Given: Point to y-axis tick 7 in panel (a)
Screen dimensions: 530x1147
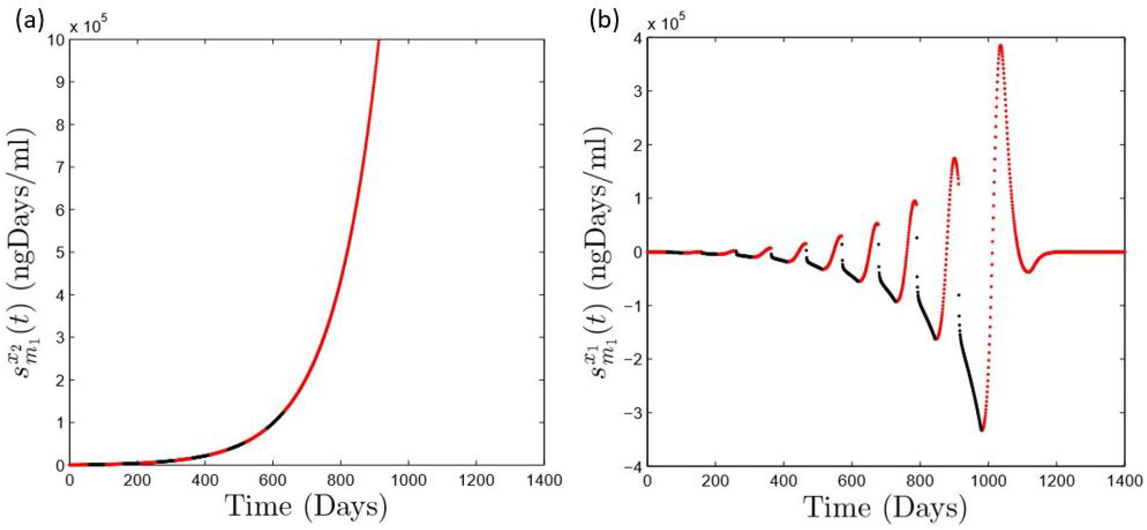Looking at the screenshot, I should coord(58,167).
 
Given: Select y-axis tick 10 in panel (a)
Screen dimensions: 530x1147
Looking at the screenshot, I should coord(54,40).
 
